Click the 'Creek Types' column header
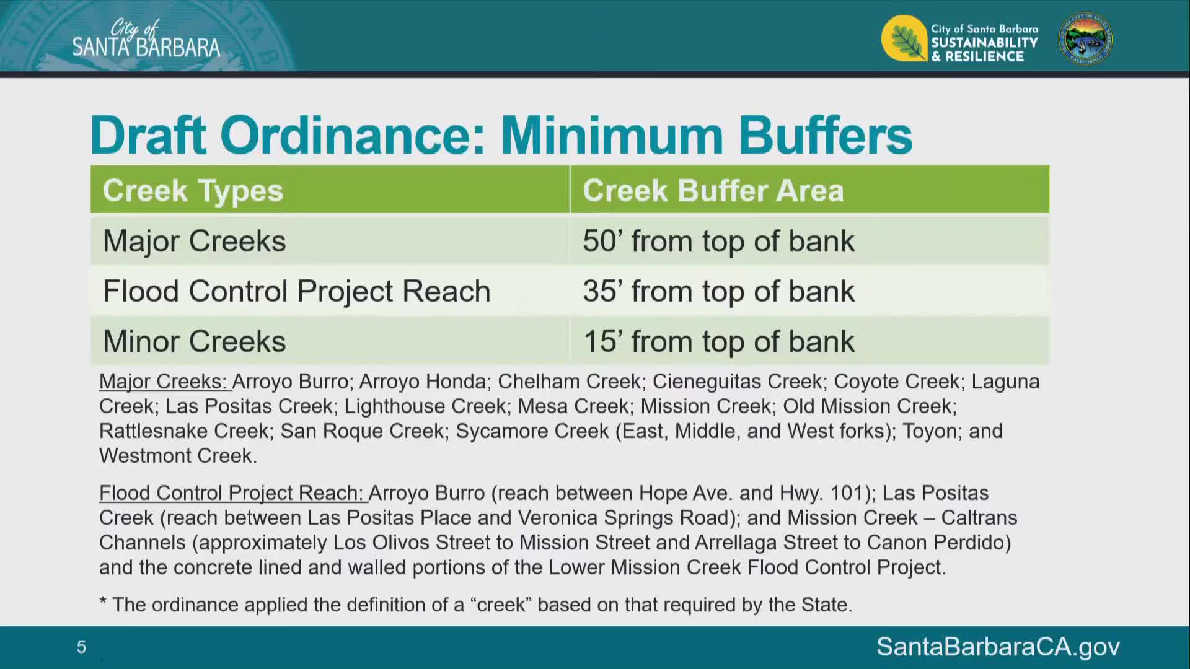tap(330, 190)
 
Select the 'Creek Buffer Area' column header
tap(809, 190)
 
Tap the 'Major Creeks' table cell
tap(330, 240)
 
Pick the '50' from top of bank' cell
tap(809, 240)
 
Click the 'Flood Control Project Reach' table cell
tap(330, 291)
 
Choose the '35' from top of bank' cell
tap(809, 291)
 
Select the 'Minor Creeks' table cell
tap(330, 341)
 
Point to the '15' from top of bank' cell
tap(809, 341)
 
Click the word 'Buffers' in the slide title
tap(825, 135)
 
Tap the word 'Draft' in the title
tap(148, 135)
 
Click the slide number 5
tap(81, 647)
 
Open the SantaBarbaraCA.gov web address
tap(998, 647)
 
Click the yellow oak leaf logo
tap(904, 38)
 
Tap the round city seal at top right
tap(1085, 38)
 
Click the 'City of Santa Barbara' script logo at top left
tap(146, 38)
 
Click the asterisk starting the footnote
tap(103, 601)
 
